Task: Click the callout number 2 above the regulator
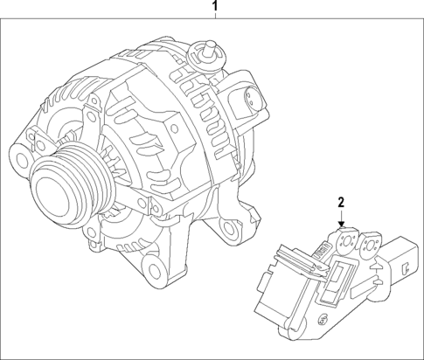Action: coord(343,203)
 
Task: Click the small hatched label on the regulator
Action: coord(319,252)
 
